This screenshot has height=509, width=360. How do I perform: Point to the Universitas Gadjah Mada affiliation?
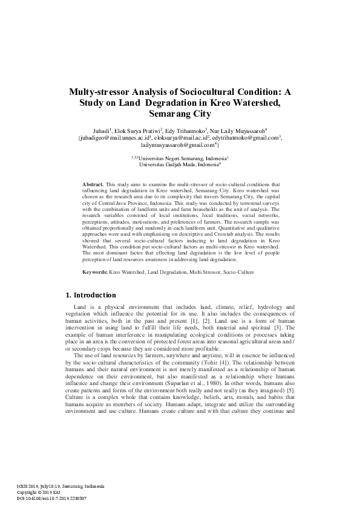[179, 164]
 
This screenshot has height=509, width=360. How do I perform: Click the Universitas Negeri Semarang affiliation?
[182, 157]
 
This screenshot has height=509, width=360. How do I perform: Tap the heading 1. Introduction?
[90, 296]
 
